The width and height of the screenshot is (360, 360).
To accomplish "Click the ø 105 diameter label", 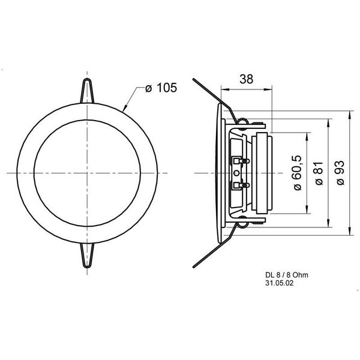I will coord(161,89).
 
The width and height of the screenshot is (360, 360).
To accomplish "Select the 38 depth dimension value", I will coord(246,78).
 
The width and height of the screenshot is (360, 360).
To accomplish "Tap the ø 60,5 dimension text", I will coord(297,173).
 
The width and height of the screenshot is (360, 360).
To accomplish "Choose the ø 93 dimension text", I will coord(340,174).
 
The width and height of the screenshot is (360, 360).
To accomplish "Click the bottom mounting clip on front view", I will coord(88,255).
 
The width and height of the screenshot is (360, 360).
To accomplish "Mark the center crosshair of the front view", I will coord(88,173).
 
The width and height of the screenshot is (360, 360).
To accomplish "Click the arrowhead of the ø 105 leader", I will coord(125,109).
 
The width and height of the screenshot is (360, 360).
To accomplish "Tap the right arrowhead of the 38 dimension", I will coord(269,90).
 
